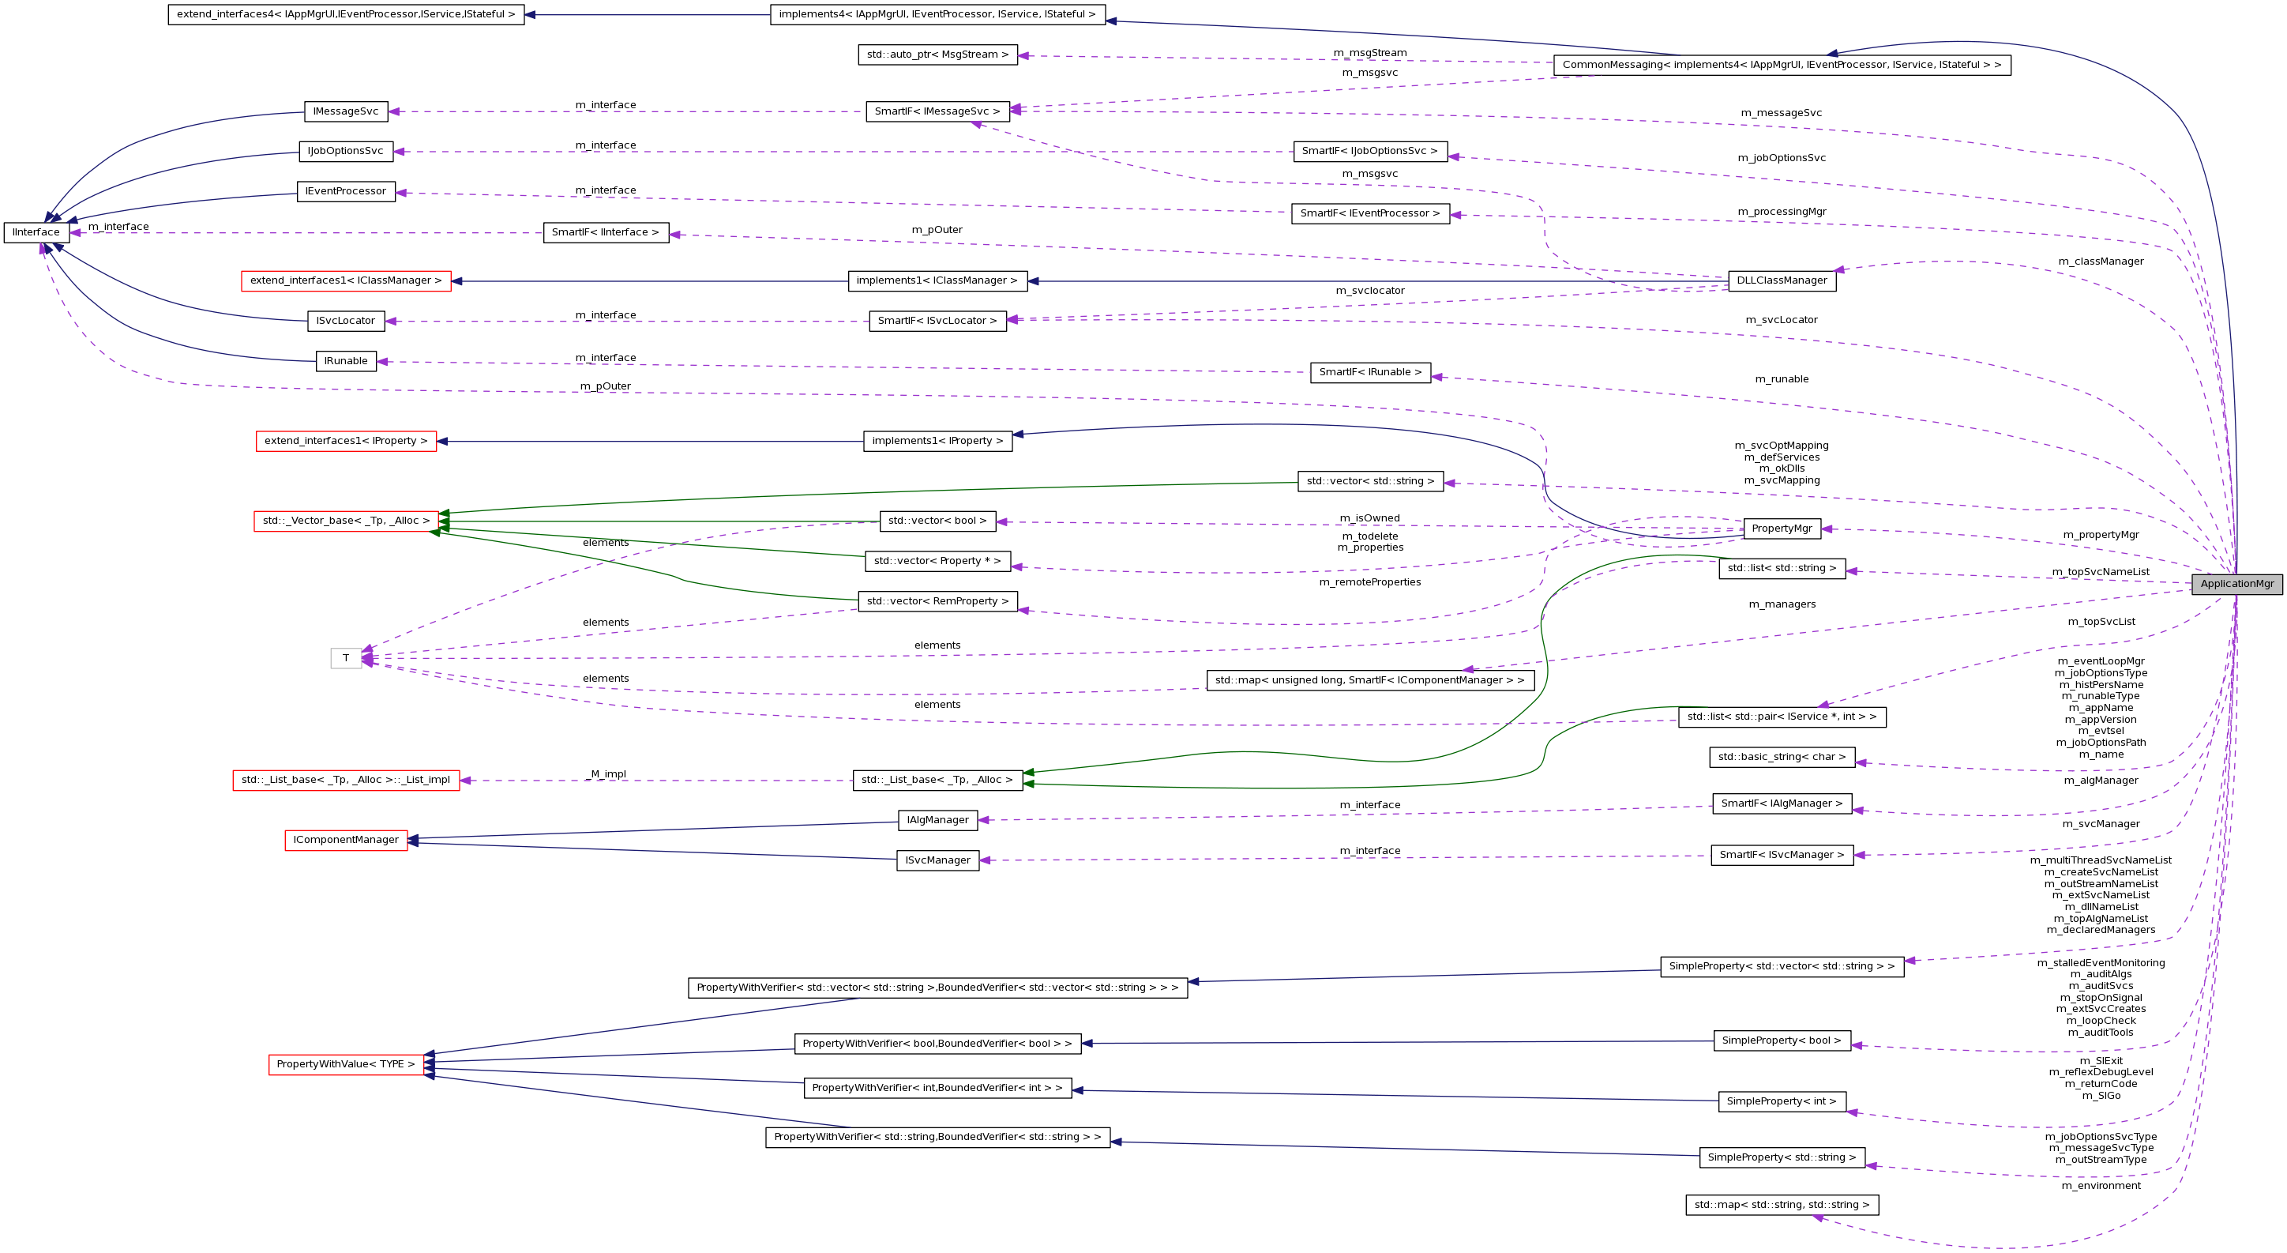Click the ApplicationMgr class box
(x=2236, y=583)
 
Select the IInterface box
(x=36, y=232)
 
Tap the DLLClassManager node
(x=1781, y=280)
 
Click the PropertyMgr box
(x=1781, y=529)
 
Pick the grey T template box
(x=346, y=658)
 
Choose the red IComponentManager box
(x=346, y=840)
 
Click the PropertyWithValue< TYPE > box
(x=346, y=1064)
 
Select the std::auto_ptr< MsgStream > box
(x=937, y=55)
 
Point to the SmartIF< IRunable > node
(x=1370, y=372)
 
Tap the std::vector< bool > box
(x=937, y=521)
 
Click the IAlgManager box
(x=937, y=821)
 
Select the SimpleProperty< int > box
(x=1782, y=1101)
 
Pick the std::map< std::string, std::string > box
(x=1782, y=1205)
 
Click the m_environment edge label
(x=2101, y=1186)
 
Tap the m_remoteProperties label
(x=1370, y=582)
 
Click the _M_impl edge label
(x=608, y=774)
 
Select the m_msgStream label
(x=1370, y=53)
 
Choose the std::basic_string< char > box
(x=1782, y=758)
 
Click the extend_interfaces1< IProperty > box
(x=346, y=442)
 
